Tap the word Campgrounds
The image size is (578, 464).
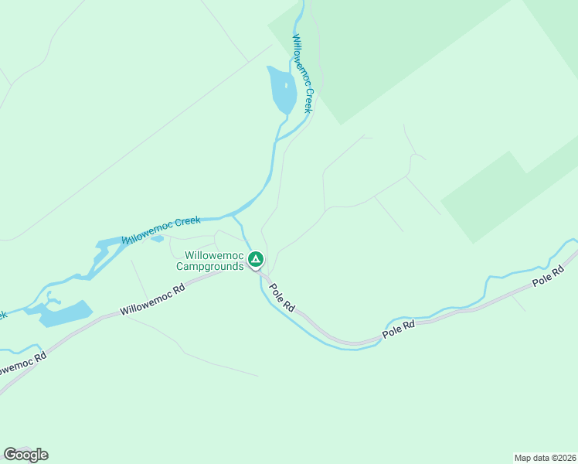pos(210,267)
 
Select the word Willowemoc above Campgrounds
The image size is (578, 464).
pos(214,256)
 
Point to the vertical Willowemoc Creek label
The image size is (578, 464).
pos(302,73)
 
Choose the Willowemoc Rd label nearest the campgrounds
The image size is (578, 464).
pos(153,302)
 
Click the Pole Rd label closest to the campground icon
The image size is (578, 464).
pos(282,297)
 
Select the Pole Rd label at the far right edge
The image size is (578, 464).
pos(553,276)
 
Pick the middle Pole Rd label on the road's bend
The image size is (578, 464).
pos(399,330)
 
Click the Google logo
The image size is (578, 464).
pos(26,454)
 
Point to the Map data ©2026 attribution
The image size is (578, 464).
pos(544,457)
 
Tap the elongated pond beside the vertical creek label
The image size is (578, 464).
pos(282,90)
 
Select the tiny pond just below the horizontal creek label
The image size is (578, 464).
pos(157,238)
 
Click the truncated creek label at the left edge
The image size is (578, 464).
pos(3,315)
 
